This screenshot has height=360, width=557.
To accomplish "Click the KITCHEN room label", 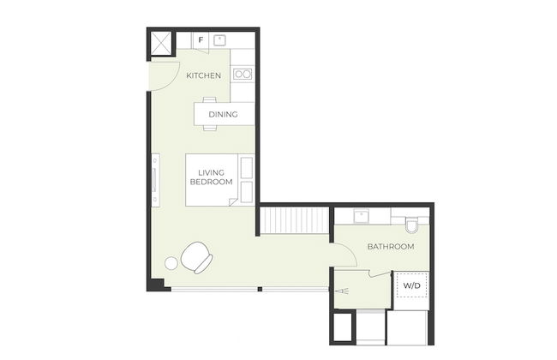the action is (x=204, y=75).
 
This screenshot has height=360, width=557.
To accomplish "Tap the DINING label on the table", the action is (x=223, y=115).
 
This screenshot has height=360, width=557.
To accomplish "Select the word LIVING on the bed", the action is (x=212, y=173).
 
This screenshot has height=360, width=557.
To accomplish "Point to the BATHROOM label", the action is (x=391, y=246).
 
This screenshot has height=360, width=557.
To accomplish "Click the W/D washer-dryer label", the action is (x=411, y=285).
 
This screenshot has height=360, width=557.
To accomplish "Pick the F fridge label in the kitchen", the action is (x=201, y=39).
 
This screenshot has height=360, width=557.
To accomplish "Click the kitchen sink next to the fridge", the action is (x=220, y=40).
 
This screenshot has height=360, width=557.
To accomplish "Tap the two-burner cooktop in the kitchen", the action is (x=243, y=74).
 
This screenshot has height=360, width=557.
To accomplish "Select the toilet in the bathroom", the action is (x=411, y=225).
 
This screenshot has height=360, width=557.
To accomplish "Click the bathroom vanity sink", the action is (x=362, y=216).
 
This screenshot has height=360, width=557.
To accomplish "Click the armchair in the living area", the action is (x=196, y=257).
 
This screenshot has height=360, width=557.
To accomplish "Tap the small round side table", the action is (x=171, y=263).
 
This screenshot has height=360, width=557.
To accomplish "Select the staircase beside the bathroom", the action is (x=294, y=220).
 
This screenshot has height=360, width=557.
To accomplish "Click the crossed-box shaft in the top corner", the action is (x=161, y=43).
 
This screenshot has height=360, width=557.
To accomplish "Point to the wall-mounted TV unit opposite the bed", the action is (x=156, y=180).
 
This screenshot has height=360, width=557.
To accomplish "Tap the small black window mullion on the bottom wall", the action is (x=260, y=289).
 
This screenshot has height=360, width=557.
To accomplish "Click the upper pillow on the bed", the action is (x=247, y=167).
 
